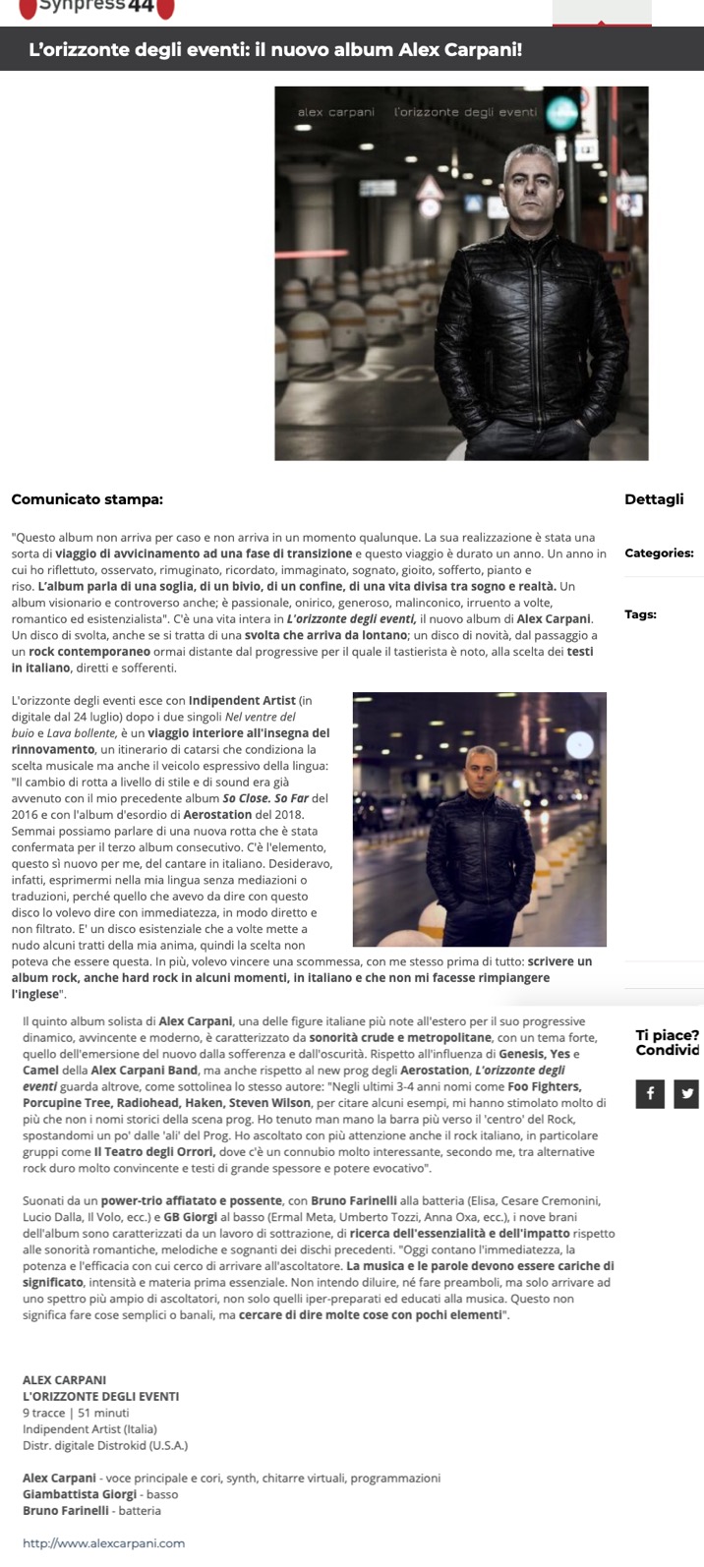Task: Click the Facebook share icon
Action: [650, 1092]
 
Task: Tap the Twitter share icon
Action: [686, 1092]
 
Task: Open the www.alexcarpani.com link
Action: [103, 1542]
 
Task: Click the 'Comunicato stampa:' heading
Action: [87, 499]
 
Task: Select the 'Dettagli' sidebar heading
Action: [654, 499]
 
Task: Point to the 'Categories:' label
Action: [659, 553]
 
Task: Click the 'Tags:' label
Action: [640, 614]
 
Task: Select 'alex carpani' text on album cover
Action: [336, 112]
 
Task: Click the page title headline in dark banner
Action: [275, 50]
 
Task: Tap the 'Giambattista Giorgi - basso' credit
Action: [100, 1494]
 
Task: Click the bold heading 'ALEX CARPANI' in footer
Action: [64, 1380]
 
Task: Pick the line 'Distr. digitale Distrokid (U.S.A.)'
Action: [105, 1445]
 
